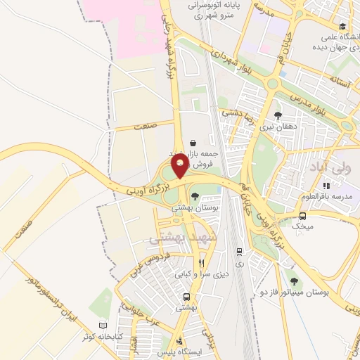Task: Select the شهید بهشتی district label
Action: pos(174,240)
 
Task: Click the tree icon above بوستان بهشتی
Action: pos(194,197)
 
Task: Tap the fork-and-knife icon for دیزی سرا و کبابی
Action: pos(201,263)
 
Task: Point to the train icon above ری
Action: pos(240,250)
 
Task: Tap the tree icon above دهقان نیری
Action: pos(278,115)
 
